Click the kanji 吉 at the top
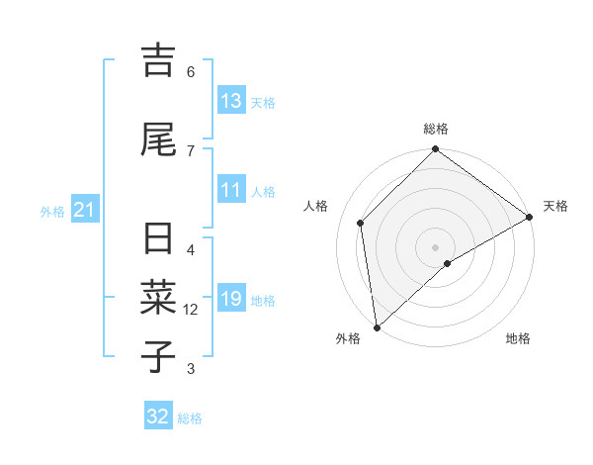[x=158, y=60]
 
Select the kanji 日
[x=158, y=240]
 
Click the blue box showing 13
[x=231, y=101]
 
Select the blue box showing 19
[x=231, y=299]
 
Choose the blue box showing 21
[x=84, y=210]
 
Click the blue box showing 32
[x=158, y=417]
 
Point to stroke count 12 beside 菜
[x=191, y=310]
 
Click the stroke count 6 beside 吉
[x=191, y=71]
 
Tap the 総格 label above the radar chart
[x=436, y=129]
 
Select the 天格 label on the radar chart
[x=555, y=206]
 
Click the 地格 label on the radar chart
[x=518, y=338]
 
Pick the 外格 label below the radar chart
[x=348, y=338]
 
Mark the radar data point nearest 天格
[x=530, y=218]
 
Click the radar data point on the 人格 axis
[x=361, y=223]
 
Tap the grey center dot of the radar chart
[x=436, y=246]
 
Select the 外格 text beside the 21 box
[x=51, y=211]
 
